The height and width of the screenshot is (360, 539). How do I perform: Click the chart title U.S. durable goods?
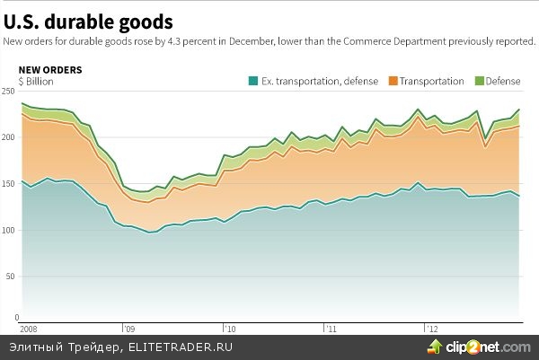pos(88,20)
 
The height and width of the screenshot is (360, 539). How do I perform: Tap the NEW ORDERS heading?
pos(50,69)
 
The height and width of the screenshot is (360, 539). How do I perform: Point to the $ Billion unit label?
pos(36,81)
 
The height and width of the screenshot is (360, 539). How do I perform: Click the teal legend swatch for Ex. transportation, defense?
pos(252,81)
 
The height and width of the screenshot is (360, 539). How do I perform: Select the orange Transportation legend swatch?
pos(393,81)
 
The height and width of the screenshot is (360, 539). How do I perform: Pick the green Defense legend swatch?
pos(479,81)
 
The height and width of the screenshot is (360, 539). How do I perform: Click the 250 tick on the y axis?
pos(10,92)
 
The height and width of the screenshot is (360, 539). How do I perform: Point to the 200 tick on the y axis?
pos(10,137)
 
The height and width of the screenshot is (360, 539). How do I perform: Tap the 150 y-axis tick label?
pos(10,184)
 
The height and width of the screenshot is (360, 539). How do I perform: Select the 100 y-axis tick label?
pos(10,231)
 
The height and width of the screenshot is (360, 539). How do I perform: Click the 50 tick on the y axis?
pos(12,277)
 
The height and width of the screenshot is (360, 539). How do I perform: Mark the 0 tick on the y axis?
pos(15,318)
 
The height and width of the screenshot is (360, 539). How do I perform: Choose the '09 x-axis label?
pos(128,329)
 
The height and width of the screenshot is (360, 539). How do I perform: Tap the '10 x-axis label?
pos(230,329)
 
